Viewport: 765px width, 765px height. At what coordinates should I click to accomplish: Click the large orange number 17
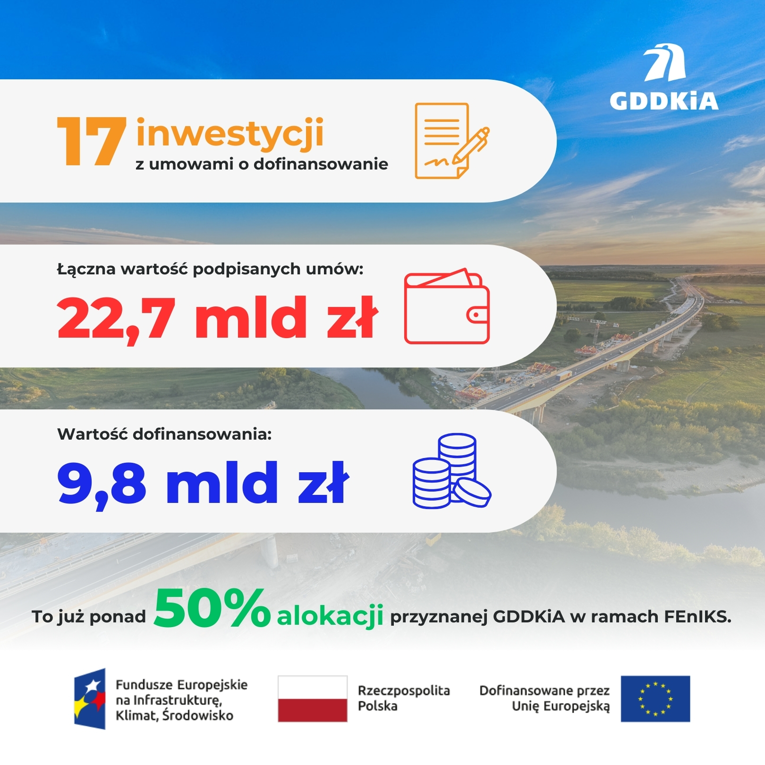(92, 141)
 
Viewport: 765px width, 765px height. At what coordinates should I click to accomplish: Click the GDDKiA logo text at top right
(663, 101)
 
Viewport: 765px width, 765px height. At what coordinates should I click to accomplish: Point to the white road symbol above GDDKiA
(664, 62)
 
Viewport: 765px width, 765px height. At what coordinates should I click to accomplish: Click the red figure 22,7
(116, 319)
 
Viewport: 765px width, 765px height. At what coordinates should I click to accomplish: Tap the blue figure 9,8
(102, 484)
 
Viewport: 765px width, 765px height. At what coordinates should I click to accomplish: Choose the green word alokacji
(330, 616)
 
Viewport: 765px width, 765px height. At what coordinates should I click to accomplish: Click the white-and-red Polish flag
(313, 699)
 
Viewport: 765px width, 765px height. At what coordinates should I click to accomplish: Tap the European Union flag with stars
(655, 699)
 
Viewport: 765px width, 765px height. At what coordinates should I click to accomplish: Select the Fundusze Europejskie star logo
(90, 699)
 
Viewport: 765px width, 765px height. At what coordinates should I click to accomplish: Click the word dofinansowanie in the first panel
(321, 164)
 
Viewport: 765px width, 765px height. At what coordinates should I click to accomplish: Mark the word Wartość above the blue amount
(93, 434)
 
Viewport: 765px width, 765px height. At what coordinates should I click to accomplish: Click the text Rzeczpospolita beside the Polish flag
(404, 691)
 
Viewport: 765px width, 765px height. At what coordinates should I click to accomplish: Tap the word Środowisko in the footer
(198, 715)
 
